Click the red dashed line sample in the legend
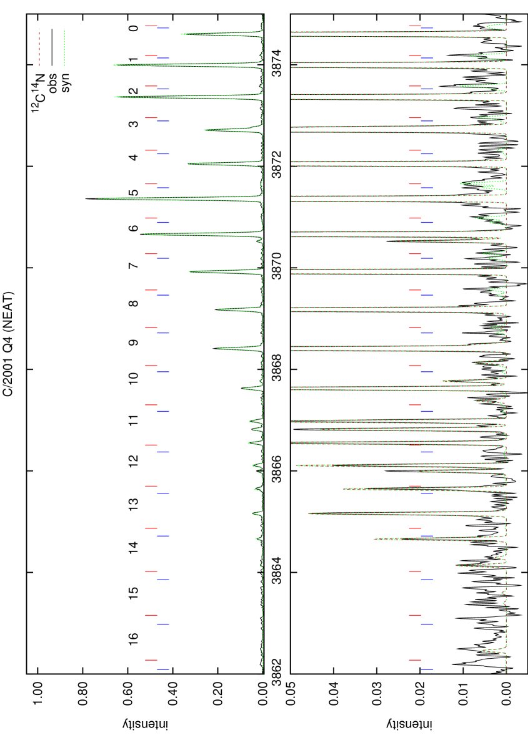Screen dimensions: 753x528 [39, 47]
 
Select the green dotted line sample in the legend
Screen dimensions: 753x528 [64, 47]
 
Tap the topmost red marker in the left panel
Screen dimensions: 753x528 [151, 26]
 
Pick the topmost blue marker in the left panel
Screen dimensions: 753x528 [163, 28]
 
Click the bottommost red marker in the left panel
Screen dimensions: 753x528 [151, 660]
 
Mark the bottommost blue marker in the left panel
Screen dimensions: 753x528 [163, 669]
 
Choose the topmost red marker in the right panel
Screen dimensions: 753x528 [414, 26]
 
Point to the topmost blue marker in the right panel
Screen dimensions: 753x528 [427, 28]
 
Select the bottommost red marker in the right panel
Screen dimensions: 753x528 [414, 660]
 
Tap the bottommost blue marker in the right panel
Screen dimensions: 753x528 [427, 669]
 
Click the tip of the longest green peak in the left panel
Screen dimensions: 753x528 [99, 198]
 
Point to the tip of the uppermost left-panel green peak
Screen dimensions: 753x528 [182, 34]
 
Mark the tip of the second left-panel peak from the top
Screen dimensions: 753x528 [114, 65]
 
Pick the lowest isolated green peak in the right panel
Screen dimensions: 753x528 [482, 651]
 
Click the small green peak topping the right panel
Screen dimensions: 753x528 [487, 26]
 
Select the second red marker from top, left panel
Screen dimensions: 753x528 [151, 56]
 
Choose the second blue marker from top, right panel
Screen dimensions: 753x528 [427, 58]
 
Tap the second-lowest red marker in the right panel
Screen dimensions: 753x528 [414, 615]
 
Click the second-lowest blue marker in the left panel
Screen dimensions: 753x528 [163, 624]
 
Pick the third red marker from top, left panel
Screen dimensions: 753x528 [151, 86]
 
